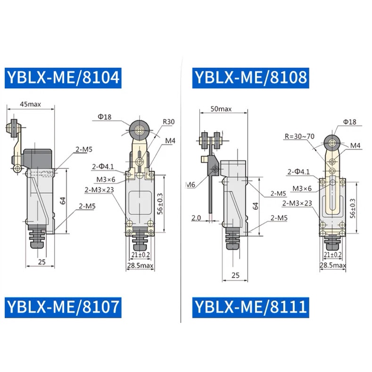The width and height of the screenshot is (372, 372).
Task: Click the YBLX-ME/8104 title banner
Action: click(x=63, y=78)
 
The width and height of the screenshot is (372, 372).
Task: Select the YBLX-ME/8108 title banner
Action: click(x=250, y=78)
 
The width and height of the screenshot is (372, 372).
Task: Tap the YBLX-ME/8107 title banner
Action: click(x=63, y=307)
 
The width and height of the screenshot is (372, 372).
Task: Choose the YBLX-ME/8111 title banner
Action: click(x=250, y=307)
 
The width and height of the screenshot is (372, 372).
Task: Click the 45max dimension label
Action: click(x=30, y=104)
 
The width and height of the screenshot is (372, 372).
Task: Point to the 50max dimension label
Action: click(x=221, y=109)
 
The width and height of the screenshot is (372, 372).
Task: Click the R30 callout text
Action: click(x=169, y=122)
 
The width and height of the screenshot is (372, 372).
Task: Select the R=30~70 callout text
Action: click(x=300, y=136)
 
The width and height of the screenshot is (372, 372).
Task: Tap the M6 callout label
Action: click(x=190, y=184)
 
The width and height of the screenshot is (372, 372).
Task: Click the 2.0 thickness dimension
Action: click(x=196, y=217)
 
